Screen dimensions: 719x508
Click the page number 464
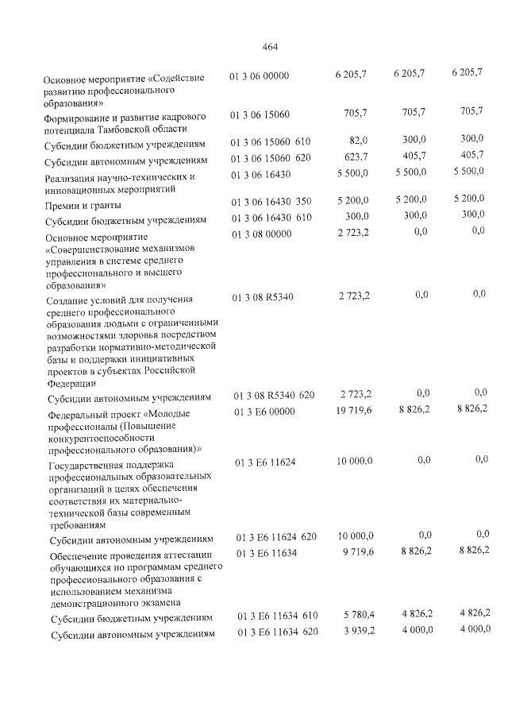point(268,46)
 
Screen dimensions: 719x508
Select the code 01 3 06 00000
point(260,76)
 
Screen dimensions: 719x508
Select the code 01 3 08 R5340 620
point(274,395)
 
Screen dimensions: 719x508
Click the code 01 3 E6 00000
point(265,412)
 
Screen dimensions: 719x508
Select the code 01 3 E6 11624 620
point(276,538)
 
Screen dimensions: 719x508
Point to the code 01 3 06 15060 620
point(271,157)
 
